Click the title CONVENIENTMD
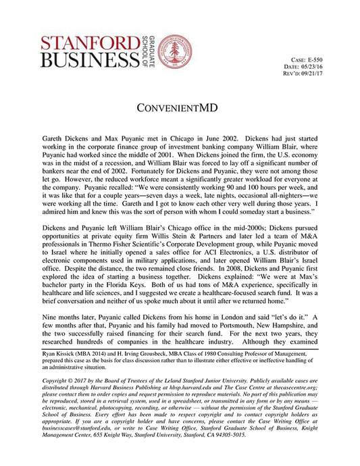click(x=180, y=108)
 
